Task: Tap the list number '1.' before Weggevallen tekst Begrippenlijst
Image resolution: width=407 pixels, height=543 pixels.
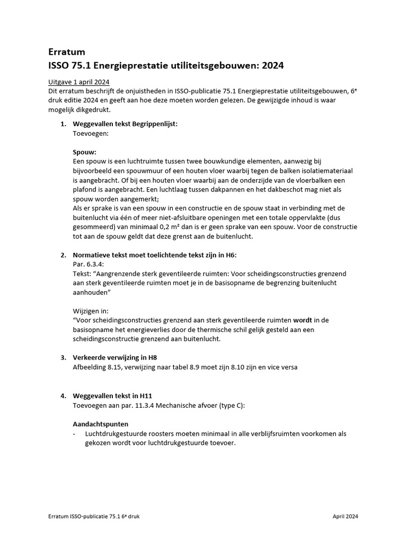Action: coord(63,124)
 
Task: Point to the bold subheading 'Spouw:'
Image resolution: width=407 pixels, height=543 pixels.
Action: coord(84,152)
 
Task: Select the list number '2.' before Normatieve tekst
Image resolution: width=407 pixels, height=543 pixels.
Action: coord(63,255)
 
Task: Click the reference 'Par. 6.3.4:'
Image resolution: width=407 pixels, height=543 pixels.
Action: coord(89,264)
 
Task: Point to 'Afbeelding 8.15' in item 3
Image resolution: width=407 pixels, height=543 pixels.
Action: coord(96,367)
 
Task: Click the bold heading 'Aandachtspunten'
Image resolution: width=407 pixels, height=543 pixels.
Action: coord(100,424)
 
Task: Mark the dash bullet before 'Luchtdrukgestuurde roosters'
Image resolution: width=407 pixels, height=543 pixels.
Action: coord(74,434)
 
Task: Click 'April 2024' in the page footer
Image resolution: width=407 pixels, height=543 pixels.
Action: coord(345,515)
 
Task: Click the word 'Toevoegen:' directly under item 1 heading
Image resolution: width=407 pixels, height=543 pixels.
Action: coord(90,134)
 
